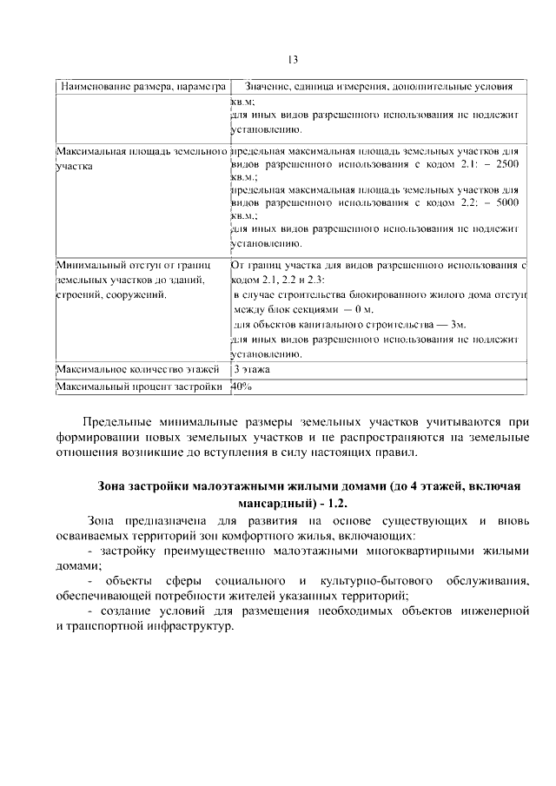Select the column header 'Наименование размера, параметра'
pos(142,88)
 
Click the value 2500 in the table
pos(506,163)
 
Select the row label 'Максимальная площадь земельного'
pos(142,151)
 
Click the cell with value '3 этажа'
pos(251,370)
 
